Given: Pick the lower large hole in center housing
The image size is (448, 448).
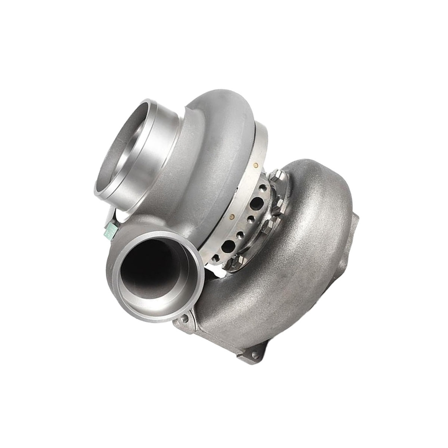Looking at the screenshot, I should pyautogui.click(x=227, y=247).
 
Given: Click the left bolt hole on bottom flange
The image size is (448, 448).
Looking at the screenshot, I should pyautogui.click(x=183, y=318).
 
